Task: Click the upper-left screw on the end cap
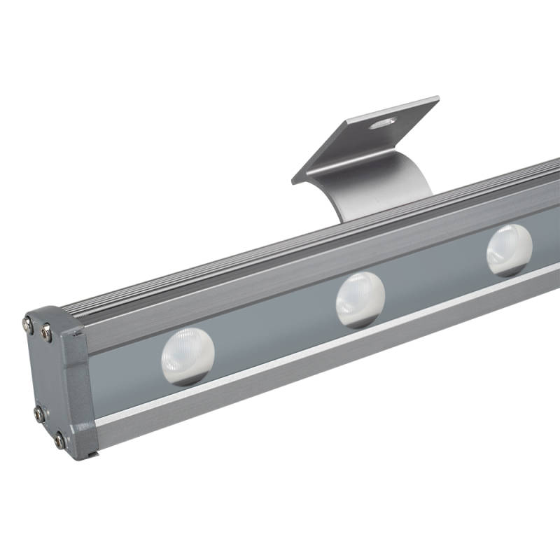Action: pyautogui.click(x=28, y=323)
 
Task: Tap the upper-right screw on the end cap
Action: pyautogui.click(x=46, y=333)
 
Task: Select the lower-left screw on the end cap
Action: pyautogui.click(x=40, y=414)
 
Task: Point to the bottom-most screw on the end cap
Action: pyautogui.click(x=60, y=440)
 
